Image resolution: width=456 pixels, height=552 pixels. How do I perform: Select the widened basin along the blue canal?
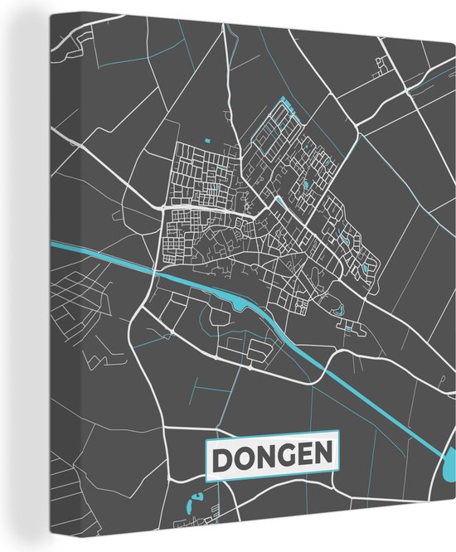click(x=240, y=306)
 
